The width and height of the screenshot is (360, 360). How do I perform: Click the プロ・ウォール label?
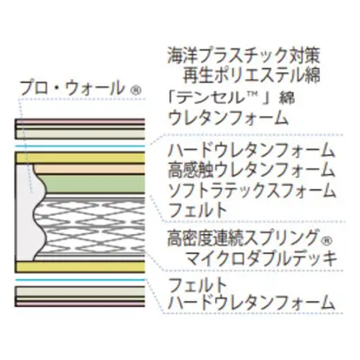(x=72, y=88)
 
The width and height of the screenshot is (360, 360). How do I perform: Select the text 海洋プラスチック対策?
(x=244, y=55)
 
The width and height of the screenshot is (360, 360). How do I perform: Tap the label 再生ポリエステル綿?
(x=252, y=75)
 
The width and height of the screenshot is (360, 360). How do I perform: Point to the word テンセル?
(x=209, y=97)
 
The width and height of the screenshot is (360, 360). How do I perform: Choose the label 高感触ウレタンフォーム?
(x=252, y=170)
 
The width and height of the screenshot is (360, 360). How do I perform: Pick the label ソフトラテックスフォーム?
(x=252, y=190)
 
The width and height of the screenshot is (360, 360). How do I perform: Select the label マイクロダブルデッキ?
(x=261, y=258)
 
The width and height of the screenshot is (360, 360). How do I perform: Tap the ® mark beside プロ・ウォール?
(x=135, y=91)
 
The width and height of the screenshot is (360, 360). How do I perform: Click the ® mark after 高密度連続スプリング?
(x=326, y=240)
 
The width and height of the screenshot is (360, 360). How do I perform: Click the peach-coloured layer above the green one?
(x=90, y=169)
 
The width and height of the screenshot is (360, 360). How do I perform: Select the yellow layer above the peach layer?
(x=80, y=158)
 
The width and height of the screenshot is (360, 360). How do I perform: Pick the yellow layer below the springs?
(x=80, y=267)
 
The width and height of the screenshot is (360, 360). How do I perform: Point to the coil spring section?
(x=90, y=227)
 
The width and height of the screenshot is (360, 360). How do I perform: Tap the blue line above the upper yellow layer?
(x=80, y=146)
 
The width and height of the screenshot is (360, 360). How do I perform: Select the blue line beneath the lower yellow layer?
(x=80, y=280)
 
